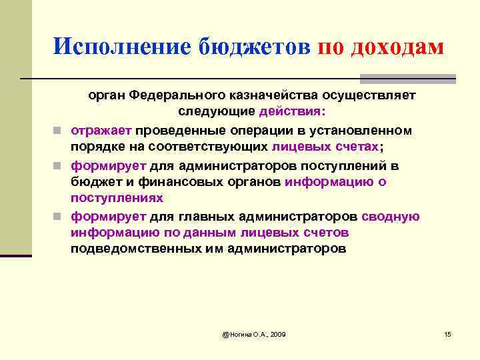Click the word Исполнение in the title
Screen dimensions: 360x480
(x=120, y=46)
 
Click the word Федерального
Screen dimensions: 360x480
(x=173, y=95)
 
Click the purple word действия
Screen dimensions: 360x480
(x=298, y=111)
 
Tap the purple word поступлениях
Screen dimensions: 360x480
(x=117, y=199)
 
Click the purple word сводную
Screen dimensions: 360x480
(x=391, y=216)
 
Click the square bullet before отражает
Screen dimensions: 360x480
(x=60, y=130)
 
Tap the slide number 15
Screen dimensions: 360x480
(x=447, y=333)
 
